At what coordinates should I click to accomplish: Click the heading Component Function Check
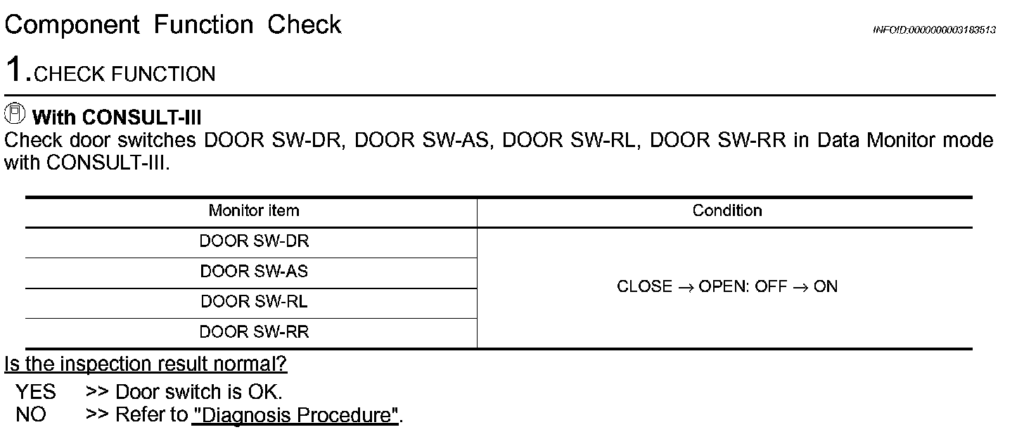172,25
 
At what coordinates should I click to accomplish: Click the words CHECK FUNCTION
124,75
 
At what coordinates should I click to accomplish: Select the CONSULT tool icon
14,113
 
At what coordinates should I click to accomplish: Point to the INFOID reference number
933,30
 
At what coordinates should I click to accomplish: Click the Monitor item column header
253,210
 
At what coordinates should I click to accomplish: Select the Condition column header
727,210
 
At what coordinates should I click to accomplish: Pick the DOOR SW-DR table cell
254,241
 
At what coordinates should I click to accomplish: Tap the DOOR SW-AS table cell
254,272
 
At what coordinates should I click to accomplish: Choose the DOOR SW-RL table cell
254,302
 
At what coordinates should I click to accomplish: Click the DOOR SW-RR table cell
254,332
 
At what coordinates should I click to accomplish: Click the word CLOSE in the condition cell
644,287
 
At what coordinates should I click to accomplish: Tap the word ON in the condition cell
826,287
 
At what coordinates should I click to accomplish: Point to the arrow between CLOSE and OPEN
685,288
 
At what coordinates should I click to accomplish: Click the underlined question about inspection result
146,365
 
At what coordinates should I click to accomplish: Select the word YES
36,391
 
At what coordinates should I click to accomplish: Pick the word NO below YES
30,414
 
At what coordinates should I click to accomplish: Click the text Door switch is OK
198,391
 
